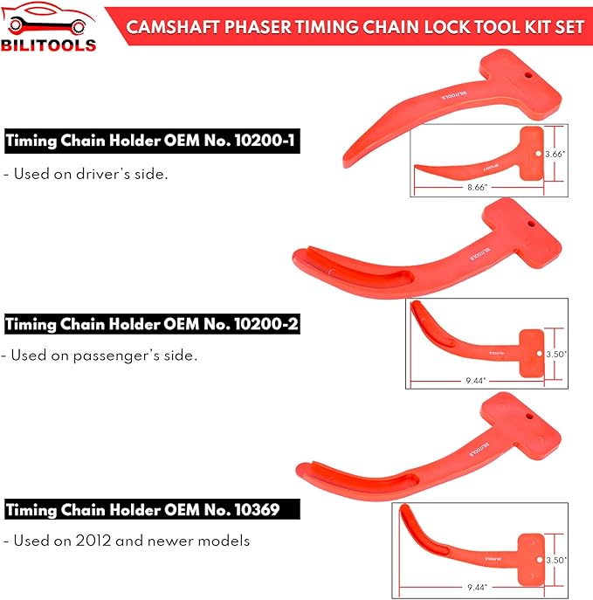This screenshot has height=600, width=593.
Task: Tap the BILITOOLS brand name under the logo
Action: pos(49,44)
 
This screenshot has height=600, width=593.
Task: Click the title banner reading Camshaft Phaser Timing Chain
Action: pos(355,25)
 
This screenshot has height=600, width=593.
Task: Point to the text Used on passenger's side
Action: pos(100,355)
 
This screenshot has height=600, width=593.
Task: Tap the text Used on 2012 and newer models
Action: pos(127,541)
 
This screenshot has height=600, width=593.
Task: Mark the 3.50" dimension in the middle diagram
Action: pos(556,355)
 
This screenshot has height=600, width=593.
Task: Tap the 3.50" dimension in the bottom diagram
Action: pos(556,559)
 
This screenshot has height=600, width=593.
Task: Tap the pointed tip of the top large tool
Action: pos(346,161)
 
